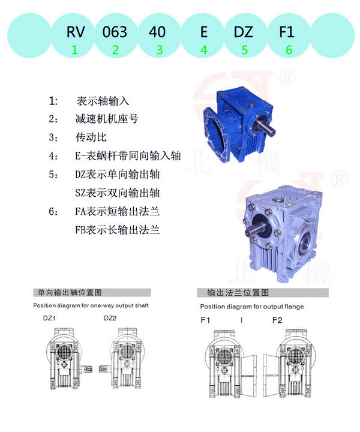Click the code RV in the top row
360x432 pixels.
76,32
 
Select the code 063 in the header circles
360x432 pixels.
115,32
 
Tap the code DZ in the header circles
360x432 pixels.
243,32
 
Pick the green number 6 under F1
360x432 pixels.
289,50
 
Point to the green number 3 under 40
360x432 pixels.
160,50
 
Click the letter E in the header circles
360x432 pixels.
203,32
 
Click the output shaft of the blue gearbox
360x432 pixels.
266,128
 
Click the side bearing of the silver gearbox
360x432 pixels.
305,242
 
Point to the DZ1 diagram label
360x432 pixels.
49,318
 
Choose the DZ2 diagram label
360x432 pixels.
110,318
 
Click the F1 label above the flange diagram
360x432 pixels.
205,320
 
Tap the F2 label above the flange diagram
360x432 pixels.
277,320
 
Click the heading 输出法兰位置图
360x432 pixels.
238,293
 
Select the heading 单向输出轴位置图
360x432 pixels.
70,292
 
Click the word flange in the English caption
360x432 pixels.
295,307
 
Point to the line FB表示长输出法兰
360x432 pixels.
118,230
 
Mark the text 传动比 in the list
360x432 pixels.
91,137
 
